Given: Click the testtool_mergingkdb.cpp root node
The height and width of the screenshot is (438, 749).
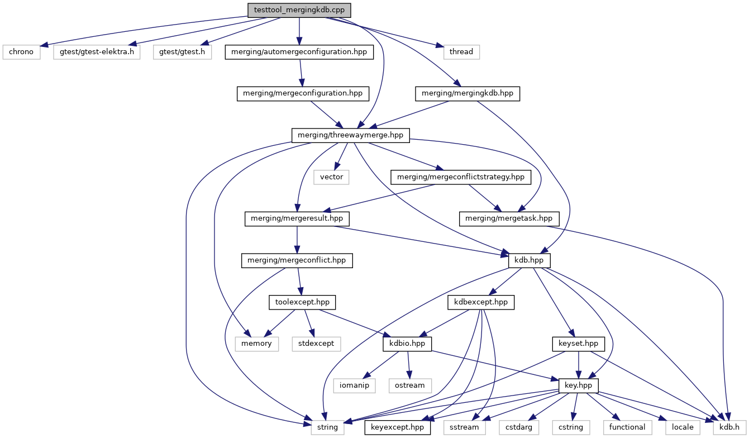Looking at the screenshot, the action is tap(299, 10).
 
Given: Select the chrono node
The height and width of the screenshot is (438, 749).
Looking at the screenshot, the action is tap(21, 52).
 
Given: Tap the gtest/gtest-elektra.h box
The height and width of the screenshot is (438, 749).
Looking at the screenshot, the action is tap(97, 52).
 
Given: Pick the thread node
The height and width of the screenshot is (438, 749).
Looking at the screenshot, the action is tap(461, 52).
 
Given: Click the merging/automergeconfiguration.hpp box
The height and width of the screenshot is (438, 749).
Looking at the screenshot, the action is tap(299, 52).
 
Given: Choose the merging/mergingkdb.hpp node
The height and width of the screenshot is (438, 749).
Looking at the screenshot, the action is tap(467, 93).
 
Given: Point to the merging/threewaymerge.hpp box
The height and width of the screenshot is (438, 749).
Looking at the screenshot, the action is tap(350, 135).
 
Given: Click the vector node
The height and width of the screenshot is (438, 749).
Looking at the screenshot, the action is tap(331, 177).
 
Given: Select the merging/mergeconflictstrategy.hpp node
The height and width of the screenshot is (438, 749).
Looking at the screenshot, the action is tap(461, 177).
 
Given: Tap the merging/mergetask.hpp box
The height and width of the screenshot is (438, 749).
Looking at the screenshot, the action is tap(509, 218).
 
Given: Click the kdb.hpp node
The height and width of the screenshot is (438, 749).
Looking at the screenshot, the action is tap(529, 260).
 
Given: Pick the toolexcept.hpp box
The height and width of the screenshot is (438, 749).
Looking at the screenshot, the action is tap(302, 302).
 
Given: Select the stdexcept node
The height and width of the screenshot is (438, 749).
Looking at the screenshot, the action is tap(316, 344).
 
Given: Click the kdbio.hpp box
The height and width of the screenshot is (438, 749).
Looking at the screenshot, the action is tap(407, 344).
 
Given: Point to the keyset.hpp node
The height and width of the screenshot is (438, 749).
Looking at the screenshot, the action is tap(579, 344).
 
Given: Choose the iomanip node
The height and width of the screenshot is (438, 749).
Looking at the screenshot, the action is tap(355, 385).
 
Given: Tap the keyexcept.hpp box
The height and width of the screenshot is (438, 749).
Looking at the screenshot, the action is tap(398, 427).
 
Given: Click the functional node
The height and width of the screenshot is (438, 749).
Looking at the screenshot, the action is tap(628, 427).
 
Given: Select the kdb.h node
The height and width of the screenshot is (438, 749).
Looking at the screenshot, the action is tap(729, 427).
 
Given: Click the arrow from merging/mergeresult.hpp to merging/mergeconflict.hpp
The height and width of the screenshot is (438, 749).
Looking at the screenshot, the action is tap(297, 240).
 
